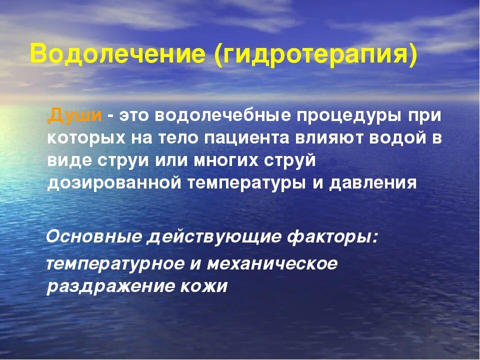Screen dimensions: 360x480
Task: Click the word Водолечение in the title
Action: point(118,54)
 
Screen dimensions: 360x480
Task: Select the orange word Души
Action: point(75,115)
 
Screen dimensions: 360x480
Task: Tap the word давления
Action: point(372,183)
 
